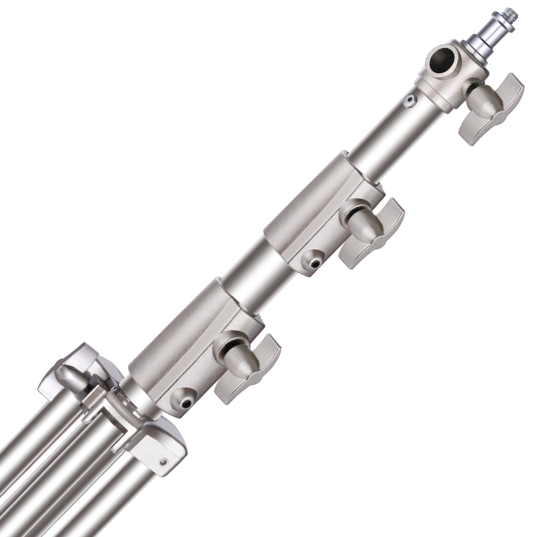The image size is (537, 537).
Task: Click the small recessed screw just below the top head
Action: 409,101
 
